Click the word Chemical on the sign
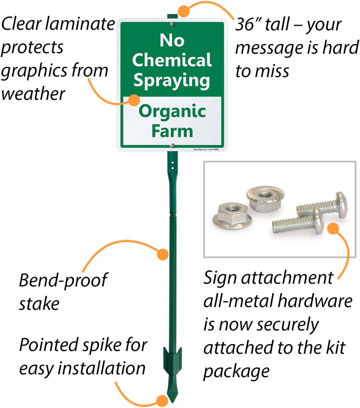172,60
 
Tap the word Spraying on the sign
172,80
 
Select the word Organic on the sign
172,111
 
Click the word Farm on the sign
172,131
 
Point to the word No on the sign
172,40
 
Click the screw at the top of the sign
172,24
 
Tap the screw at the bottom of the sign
172,145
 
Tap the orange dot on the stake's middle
163,254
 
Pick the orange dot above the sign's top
184,11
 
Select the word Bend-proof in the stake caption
63,280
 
